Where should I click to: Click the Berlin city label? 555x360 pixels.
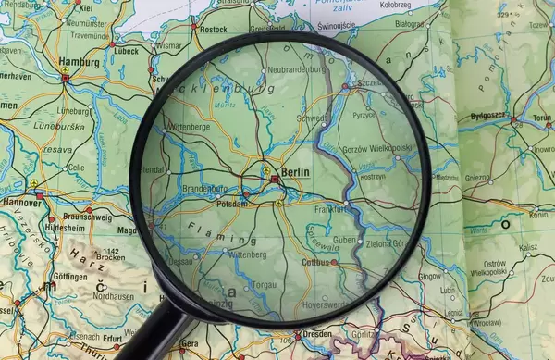coord(296,172)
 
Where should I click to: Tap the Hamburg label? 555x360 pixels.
coord(79,63)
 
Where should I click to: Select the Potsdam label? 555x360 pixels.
coord(231,202)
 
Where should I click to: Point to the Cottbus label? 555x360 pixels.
coord(316,263)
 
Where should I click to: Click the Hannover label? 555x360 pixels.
coord(21,202)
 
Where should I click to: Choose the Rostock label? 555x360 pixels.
coord(213,29)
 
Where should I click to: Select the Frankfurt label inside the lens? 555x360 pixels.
coord(329,209)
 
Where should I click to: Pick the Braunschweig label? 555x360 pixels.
coord(89,217)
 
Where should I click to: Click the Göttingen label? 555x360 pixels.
coord(70,277)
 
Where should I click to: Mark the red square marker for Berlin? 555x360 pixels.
coord(275,179)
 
